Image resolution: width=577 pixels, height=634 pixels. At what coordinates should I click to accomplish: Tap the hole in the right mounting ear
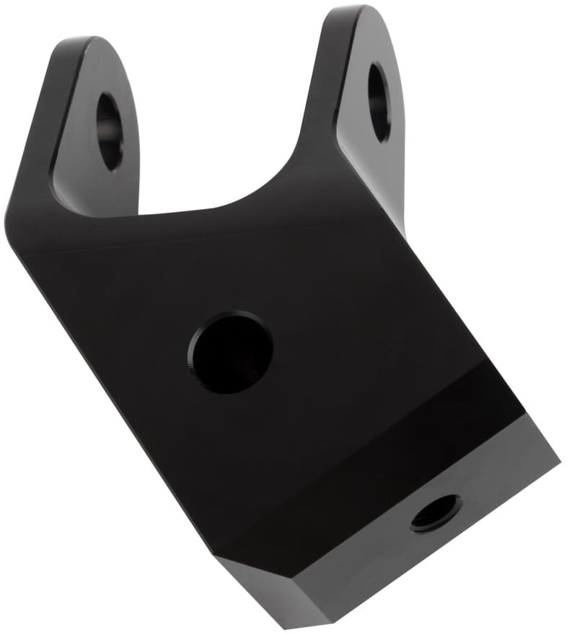[379, 101]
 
